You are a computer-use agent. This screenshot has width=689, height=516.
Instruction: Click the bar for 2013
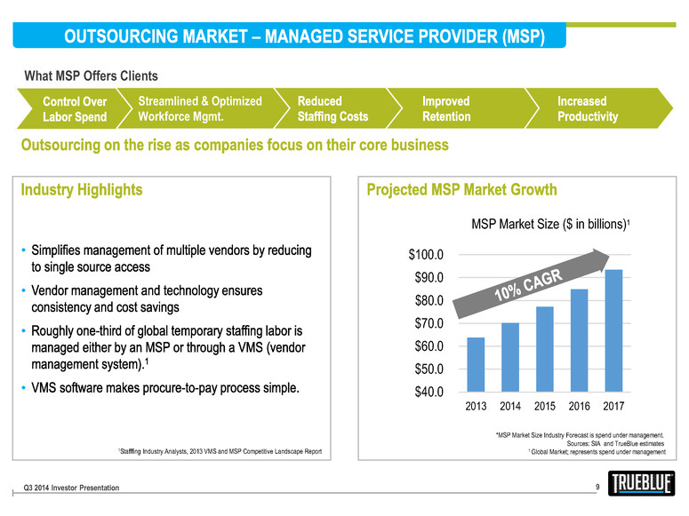pos(476,364)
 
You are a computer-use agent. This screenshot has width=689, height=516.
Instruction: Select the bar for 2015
pos(545,349)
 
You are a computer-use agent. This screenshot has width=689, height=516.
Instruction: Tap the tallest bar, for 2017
pos(613,330)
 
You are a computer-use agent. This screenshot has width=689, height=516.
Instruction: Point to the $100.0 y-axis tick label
pos(429,254)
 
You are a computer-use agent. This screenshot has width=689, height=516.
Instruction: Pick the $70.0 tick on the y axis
pos(431,323)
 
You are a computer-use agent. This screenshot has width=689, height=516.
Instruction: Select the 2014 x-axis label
pos(509,407)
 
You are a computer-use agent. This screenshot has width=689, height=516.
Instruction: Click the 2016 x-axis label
pos(579,407)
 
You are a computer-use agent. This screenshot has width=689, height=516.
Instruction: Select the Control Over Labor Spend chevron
pos(76,109)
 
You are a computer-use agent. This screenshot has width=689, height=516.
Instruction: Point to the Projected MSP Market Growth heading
pos(461,189)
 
